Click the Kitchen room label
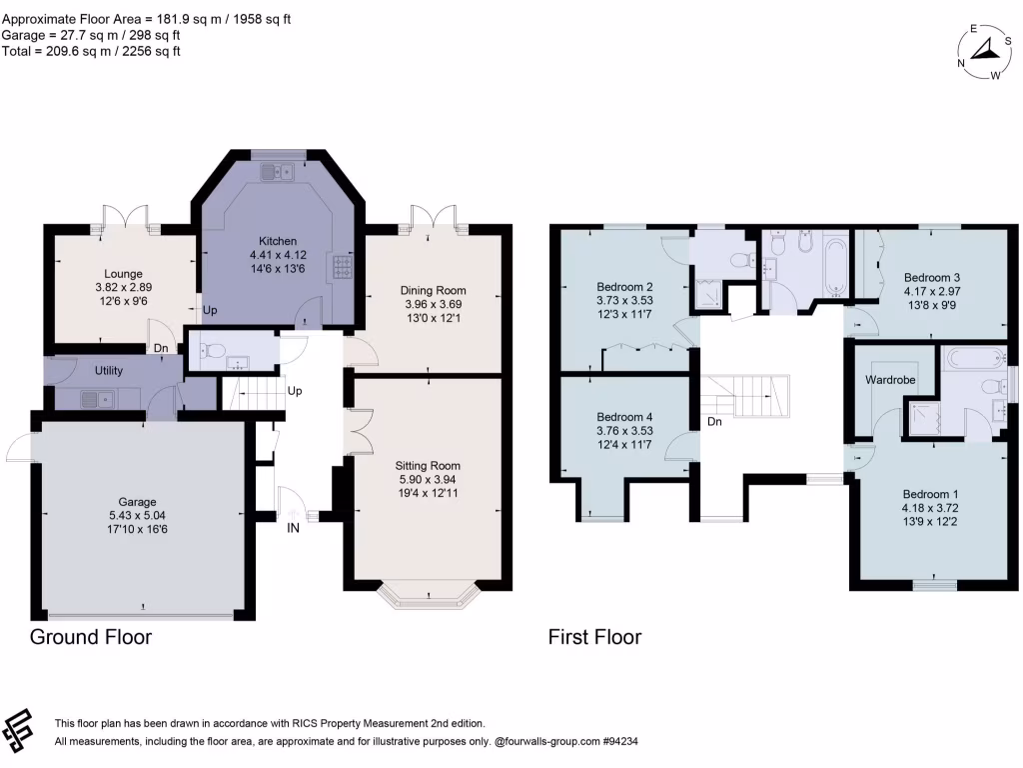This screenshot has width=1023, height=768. coord(278,242)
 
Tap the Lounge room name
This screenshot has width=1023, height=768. coord(123,274)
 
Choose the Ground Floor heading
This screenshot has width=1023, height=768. coord(91,637)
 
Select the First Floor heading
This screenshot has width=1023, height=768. coord(594,637)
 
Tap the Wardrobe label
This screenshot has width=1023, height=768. coord(892,380)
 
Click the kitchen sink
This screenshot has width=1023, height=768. coord(273,172)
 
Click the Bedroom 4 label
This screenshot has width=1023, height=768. coord(624,417)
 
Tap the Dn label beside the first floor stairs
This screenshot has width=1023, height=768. coord(714,422)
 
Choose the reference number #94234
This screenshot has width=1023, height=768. coord(614,742)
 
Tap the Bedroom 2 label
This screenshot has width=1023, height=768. coord(624,283)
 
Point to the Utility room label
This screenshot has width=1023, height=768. coord(108,371)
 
